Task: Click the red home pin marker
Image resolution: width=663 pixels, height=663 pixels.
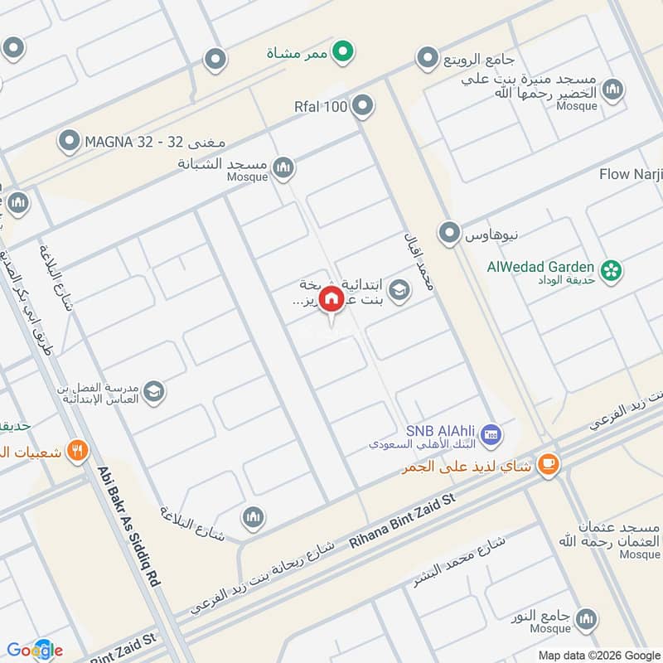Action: click(x=331, y=298)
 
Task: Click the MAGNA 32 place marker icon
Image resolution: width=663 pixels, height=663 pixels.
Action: click(x=70, y=142)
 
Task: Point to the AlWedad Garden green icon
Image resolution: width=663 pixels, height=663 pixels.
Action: click(x=612, y=269)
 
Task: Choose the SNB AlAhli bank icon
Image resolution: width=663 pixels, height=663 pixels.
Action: click(x=491, y=433)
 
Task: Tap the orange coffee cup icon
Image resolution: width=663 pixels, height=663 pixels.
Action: click(x=548, y=465)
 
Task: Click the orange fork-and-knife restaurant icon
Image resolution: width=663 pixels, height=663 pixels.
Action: click(x=77, y=451)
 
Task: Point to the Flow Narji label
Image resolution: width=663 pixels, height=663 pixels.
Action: click(x=631, y=175)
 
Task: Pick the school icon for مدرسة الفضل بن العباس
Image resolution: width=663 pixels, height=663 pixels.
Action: click(x=153, y=390)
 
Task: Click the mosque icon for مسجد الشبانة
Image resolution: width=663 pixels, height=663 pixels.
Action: click(x=283, y=167)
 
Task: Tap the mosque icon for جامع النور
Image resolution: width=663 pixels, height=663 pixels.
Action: click(x=587, y=618)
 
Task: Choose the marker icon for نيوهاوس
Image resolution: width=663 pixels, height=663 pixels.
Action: click(x=450, y=233)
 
